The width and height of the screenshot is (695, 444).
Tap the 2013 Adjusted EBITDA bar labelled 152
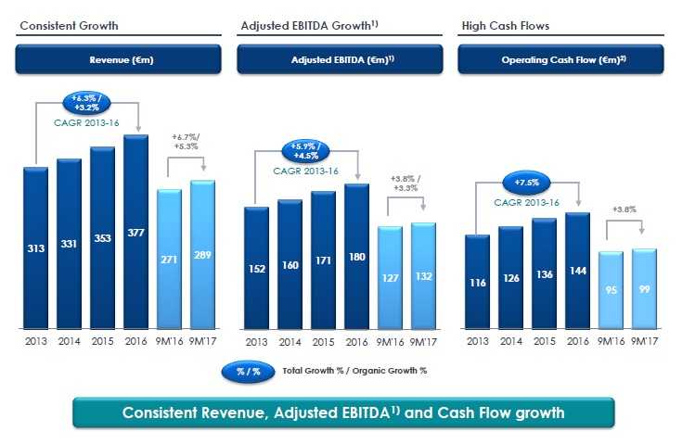[x=256, y=267]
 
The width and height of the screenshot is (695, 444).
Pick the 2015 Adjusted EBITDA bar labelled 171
[x=323, y=260]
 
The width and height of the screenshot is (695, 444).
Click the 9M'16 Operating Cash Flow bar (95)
[x=611, y=289]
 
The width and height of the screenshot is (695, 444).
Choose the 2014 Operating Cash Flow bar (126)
[x=510, y=277]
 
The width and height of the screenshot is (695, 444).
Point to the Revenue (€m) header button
[x=118, y=60]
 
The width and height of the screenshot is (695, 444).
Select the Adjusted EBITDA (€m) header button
[x=340, y=60]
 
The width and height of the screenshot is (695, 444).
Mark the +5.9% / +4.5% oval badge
[x=306, y=152]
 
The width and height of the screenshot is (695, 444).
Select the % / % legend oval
[x=248, y=370]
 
